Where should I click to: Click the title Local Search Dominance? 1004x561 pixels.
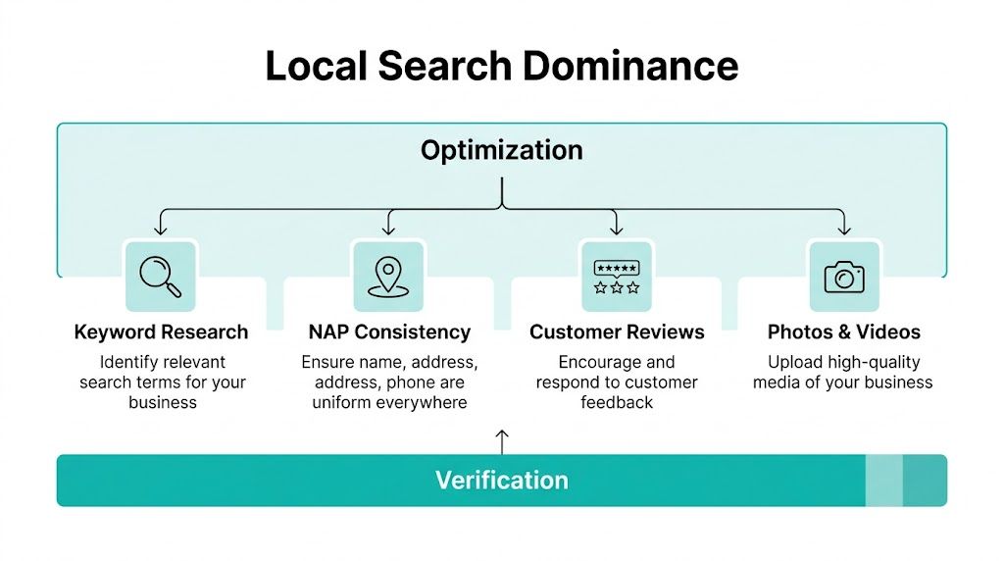pos(501,66)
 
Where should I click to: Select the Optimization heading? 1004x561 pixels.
pos(501,150)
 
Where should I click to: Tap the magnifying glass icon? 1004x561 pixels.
pos(161,276)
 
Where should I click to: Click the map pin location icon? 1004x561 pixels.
pos(387,276)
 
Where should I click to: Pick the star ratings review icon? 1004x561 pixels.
pos(616,276)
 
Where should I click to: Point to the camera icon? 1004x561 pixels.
pos(843,277)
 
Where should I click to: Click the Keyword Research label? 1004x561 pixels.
pos(161,331)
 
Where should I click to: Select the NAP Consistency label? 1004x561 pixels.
pos(389,331)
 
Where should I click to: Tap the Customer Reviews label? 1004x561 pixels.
pos(617,331)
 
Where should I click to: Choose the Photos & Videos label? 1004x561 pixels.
pos(843,331)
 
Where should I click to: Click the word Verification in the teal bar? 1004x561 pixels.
pos(501,481)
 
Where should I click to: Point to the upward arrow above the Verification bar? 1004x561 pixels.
pos(502,440)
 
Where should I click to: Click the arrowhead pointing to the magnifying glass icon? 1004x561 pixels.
pos(161,230)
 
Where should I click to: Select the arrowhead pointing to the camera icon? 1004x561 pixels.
pos(843,230)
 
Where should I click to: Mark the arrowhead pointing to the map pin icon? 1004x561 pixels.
pos(388,230)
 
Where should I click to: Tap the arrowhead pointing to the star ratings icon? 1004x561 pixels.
pos(616,230)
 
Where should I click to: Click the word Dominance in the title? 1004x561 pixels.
pos(629,66)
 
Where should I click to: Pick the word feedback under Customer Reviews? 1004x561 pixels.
pos(617,402)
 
